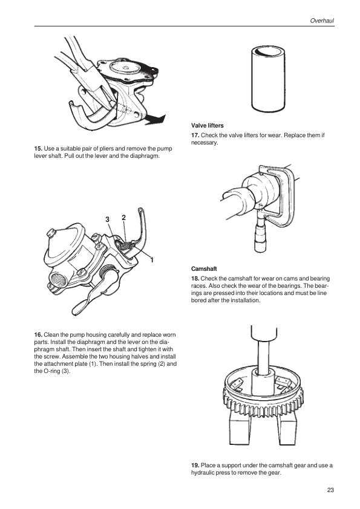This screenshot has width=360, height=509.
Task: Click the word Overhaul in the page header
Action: pos(322,21)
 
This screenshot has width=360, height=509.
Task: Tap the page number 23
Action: pos(330,490)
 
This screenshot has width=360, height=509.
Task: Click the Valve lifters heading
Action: pos(208,126)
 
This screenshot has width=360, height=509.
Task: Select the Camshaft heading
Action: pos(204,269)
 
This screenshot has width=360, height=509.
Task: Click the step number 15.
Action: pos(38,149)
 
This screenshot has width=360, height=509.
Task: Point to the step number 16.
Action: pos(38,335)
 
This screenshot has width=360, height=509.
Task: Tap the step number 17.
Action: pos(195,135)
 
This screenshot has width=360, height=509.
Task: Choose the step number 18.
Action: pos(195,279)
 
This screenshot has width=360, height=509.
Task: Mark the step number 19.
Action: pos(195,465)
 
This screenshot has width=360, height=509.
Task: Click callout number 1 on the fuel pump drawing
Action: pos(151,260)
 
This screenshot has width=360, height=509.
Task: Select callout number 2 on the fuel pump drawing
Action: pos(123,218)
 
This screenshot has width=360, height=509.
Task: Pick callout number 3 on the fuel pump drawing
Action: pos(108,219)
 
